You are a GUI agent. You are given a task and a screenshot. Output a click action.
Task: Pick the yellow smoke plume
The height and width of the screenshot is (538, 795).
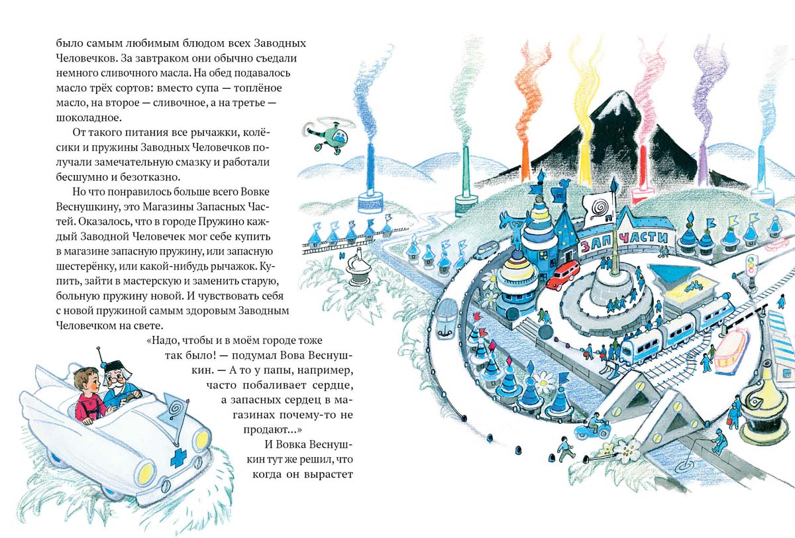tap(583, 99)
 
